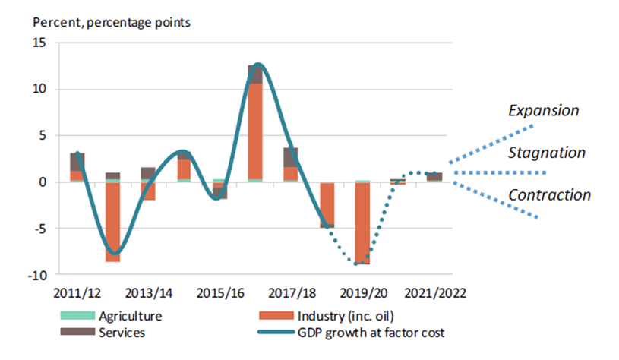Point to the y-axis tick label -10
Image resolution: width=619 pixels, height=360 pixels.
pyautogui.click(x=36, y=274)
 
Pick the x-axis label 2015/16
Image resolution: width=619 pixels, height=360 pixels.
pyautogui.click(x=219, y=293)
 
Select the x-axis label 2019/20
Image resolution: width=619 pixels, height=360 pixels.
pyautogui.click(x=363, y=293)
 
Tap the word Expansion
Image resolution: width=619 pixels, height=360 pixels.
pyautogui.click(x=543, y=111)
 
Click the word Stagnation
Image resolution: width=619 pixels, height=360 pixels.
pyautogui.click(x=548, y=153)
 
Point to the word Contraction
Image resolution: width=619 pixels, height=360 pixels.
pyautogui.click(x=549, y=195)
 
